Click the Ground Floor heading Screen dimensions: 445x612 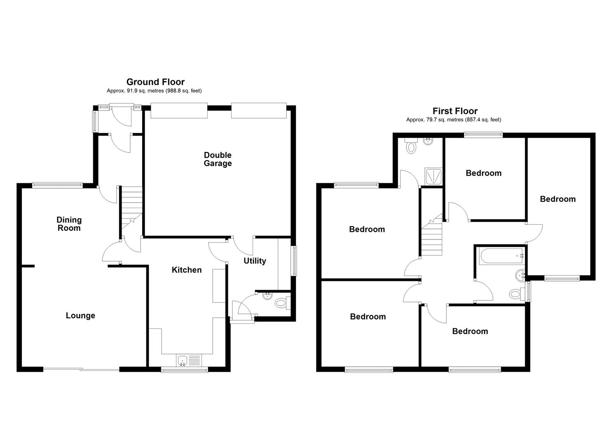coord(155,82)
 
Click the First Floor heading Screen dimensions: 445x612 coord(455,111)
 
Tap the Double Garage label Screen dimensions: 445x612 coord(218,159)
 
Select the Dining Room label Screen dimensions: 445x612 coord(69,224)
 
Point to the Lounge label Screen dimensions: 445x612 coord(80,316)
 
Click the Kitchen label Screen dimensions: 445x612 coord(187,270)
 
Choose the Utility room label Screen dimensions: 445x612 coord(255,261)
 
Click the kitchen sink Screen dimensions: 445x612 coord(189,361)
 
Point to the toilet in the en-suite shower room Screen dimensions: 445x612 coord(411,147)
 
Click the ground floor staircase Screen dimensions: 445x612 coord(131,206)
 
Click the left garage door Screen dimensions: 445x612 coord(178,110)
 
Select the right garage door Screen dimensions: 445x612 coord(258,110)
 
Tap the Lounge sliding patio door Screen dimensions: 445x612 coord(82,369)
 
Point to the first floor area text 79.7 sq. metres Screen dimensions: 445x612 coord(453,120)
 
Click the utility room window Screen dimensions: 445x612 coord(293,261)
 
